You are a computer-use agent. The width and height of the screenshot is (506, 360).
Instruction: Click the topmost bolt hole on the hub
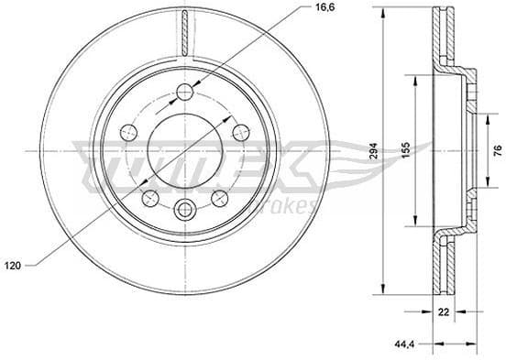(x=185, y=91)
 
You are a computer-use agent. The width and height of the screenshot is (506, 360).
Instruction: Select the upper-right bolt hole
(x=241, y=131)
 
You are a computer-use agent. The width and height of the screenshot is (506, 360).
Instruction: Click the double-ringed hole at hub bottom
(x=185, y=209)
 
